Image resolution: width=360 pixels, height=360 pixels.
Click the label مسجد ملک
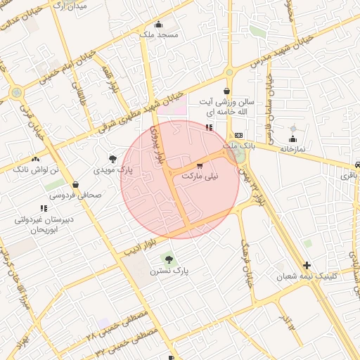[159, 34]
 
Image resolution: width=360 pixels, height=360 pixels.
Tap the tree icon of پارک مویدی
[113, 159]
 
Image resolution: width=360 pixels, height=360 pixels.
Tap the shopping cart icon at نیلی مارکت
[200, 166]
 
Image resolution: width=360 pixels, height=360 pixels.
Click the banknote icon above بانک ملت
[239, 135]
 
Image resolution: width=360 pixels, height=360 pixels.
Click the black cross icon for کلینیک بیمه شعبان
[306, 265]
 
